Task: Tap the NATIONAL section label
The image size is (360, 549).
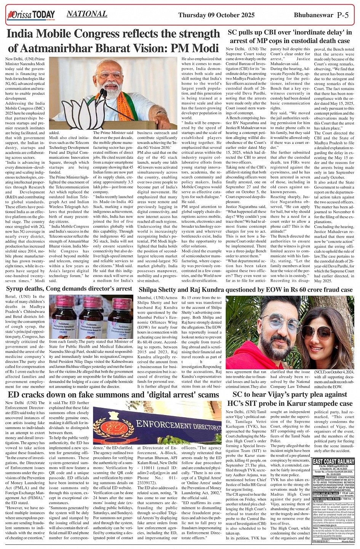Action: (87, 14)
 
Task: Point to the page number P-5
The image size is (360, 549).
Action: (346, 15)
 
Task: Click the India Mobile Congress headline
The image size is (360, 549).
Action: (114, 41)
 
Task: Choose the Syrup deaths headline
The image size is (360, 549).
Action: (69, 289)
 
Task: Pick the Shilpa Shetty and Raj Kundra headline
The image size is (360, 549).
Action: (246, 290)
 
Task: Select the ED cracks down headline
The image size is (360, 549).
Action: (113, 395)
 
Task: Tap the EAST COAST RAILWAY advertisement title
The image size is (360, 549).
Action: (333, 461)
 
